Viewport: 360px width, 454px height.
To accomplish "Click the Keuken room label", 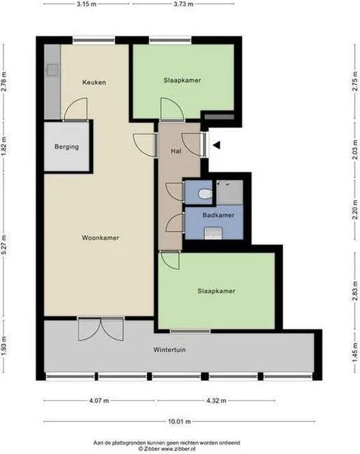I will tap(94, 83).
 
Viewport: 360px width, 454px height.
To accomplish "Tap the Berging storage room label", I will tap(66, 147).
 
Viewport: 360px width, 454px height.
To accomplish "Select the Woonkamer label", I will tap(100, 238).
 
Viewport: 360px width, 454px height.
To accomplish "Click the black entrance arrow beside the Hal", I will tap(217, 145).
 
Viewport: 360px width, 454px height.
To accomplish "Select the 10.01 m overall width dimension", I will tap(180, 421).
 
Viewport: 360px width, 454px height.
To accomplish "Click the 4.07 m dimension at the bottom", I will tap(99, 401).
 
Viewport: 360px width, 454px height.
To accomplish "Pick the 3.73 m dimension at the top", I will tap(183, 4).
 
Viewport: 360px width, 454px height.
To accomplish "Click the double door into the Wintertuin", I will tap(99, 328).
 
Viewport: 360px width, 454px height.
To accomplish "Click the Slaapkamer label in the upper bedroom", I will tap(182, 80).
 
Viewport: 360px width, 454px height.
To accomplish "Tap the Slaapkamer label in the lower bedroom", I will tap(217, 291).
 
